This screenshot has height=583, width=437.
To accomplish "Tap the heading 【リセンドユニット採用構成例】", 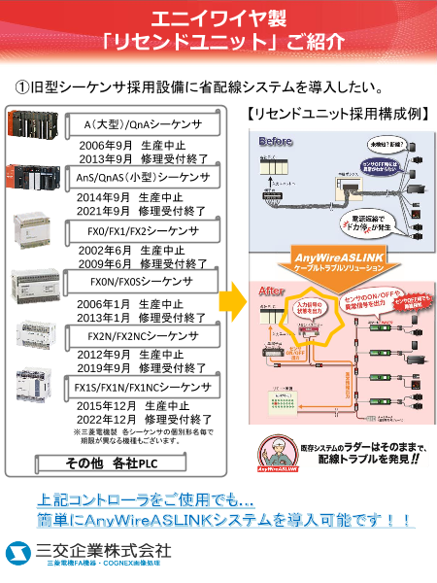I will pos(335,114).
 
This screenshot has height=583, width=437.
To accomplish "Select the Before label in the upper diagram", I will pos(275,143).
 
